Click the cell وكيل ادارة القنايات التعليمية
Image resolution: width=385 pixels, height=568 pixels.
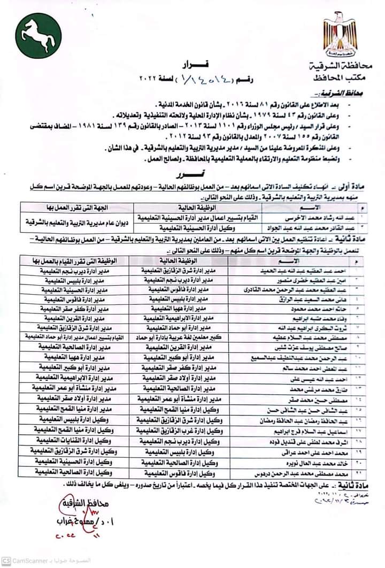(71, 441)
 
